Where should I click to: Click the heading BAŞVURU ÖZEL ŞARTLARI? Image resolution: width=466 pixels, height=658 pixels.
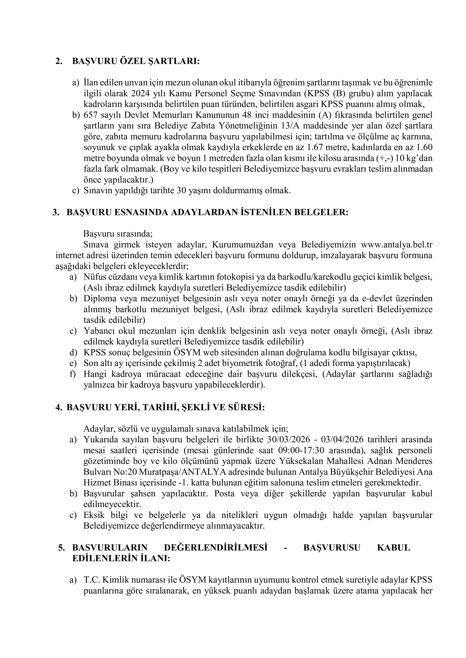tap(135, 61)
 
